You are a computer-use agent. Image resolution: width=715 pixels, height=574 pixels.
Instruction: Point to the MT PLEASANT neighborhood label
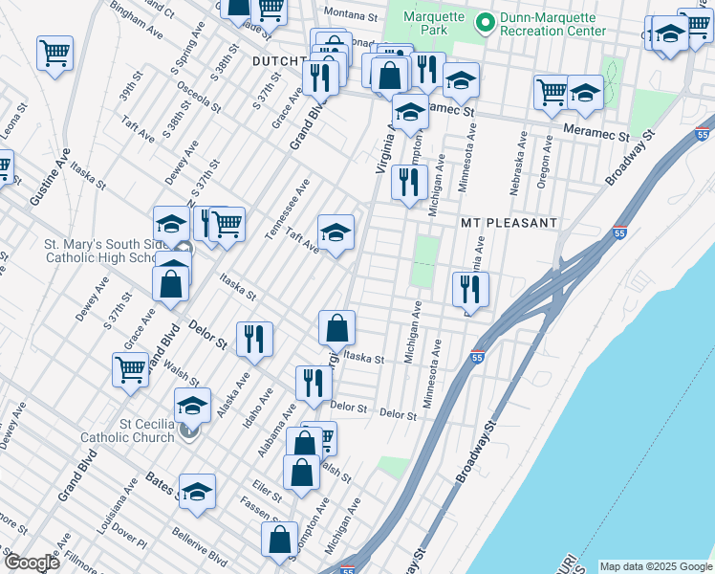[x=509, y=223]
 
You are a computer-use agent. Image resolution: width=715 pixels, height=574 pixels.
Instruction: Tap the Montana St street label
[x=352, y=14]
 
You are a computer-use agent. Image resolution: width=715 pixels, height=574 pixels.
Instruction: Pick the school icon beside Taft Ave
[x=336, y=232]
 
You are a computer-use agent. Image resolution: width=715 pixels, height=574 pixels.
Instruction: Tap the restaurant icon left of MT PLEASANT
[x=410, y=181]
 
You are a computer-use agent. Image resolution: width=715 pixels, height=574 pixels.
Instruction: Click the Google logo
[x=32, y=563]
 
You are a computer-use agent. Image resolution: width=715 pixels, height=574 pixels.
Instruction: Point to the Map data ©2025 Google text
[x=655, y=566]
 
